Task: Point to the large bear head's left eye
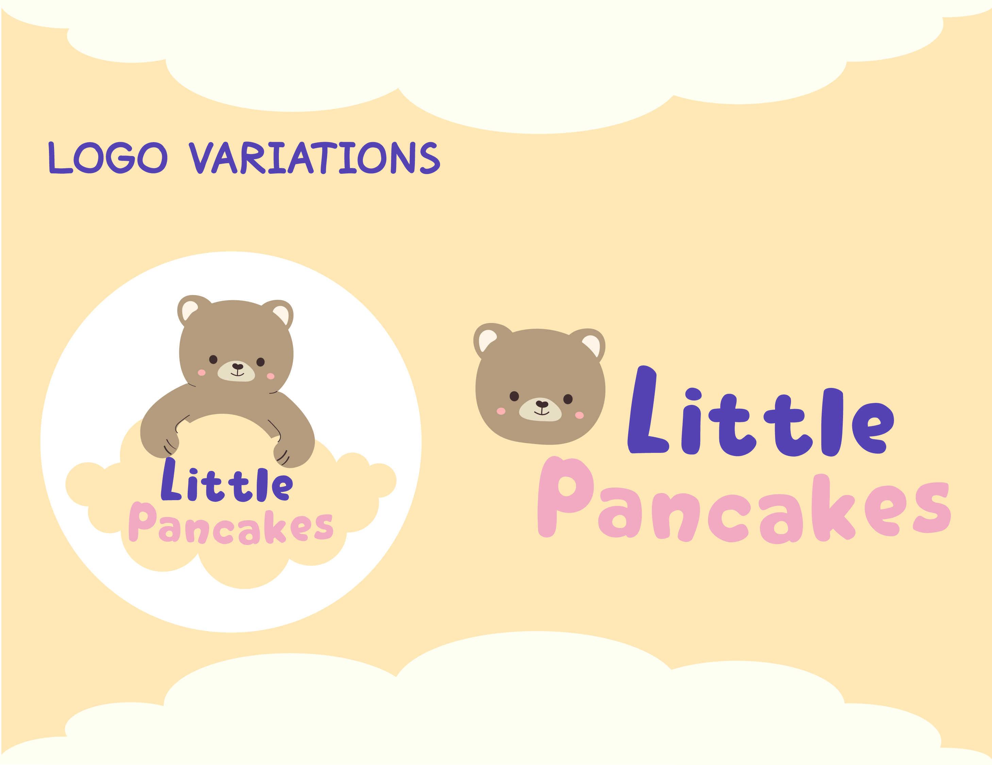tap(514, 396)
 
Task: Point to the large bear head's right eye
tap(568, 399)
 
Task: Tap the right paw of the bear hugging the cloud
tap(293, 452)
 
